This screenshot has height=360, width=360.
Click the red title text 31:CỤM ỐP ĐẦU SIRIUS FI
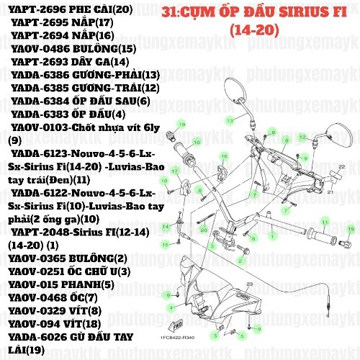click(x=258, y=12)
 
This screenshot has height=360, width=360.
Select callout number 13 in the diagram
click(x=229, y=119)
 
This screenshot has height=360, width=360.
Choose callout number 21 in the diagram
click(x=329, y=192)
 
